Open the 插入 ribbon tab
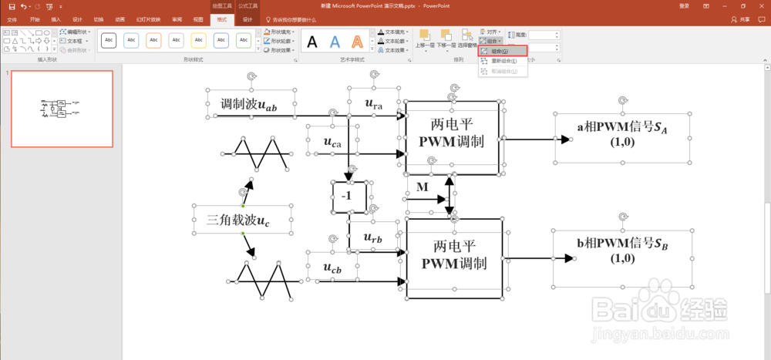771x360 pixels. pyautogui.click(x=56, y=19)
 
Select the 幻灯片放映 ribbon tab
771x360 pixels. pyautogui.click(x=149, y=19)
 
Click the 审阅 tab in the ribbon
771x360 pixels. pyautogui.click(x=177, y=19)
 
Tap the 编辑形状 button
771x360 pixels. pyautogui.click(x=77, y=32)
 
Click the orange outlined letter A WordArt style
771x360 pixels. pyautogui.click(x=357, y=42)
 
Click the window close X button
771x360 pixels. pyautogui.click(x=760, y=5)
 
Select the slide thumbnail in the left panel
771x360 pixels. pyautogui.click(x=62, y=108)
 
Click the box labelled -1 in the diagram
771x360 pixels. pyautogui.click(x=348, y=197)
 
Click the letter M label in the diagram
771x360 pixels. pyautogui.click(x=422, y=187)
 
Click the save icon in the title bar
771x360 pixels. pyautogui.click(x=12, y=6)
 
